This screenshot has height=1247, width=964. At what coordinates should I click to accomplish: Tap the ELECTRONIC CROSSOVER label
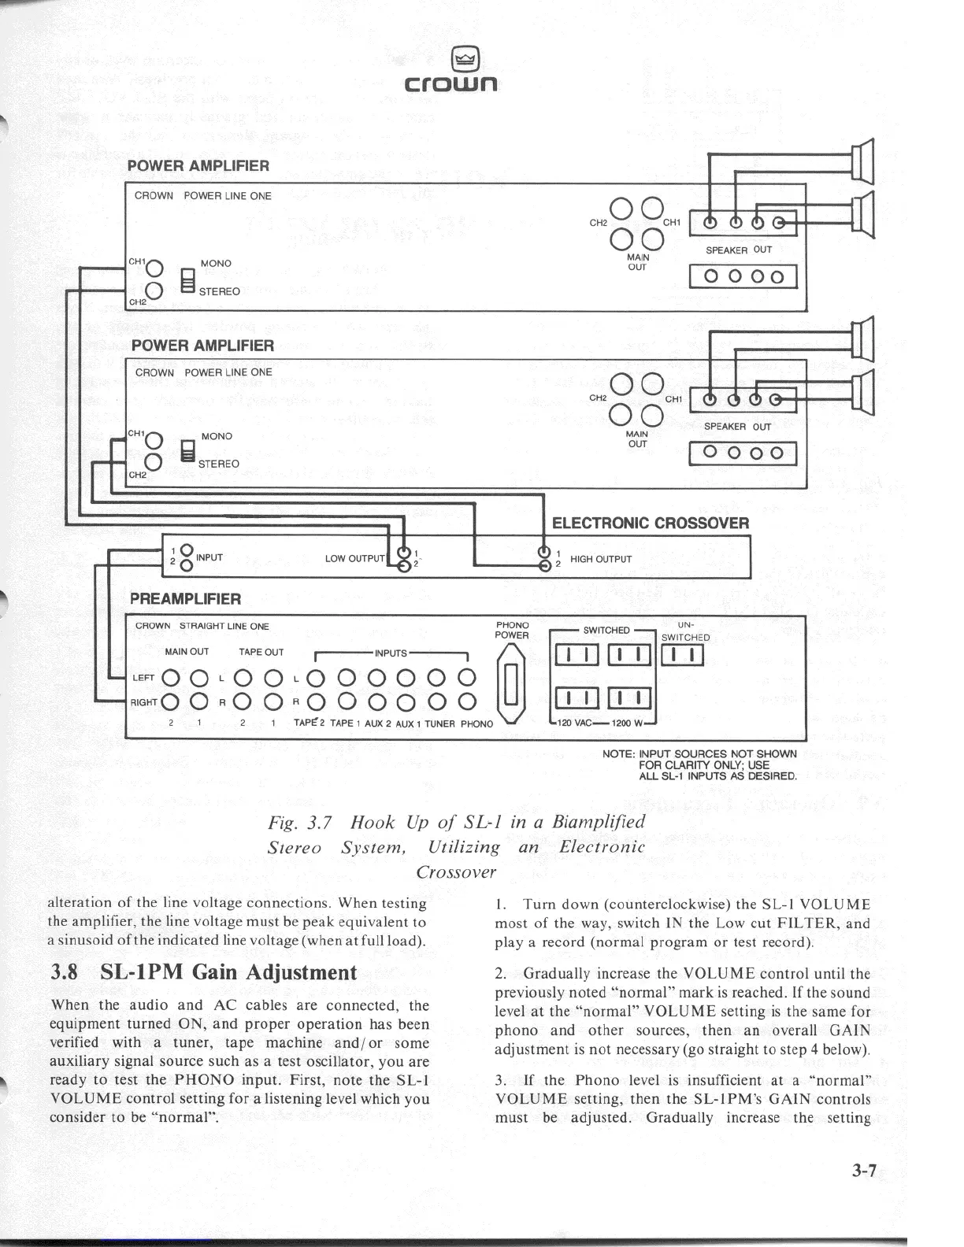651,524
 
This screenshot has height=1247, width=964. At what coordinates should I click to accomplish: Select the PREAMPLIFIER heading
185,599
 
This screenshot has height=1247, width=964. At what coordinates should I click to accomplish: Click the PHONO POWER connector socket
510,683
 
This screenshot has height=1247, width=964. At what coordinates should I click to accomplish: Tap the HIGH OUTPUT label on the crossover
601,560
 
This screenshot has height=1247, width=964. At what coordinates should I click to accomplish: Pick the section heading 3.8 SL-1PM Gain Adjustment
203,971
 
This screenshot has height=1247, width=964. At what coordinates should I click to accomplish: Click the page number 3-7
862,1171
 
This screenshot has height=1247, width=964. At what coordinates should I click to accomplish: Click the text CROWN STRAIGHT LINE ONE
202,627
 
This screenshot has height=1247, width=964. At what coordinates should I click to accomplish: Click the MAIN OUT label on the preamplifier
187,652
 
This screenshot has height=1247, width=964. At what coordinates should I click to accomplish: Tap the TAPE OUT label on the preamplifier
261,652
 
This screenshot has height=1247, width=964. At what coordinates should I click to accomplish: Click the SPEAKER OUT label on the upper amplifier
738,250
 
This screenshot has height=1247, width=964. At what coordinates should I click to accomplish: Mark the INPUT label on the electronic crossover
209,557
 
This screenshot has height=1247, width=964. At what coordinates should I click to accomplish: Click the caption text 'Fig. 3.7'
302,823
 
